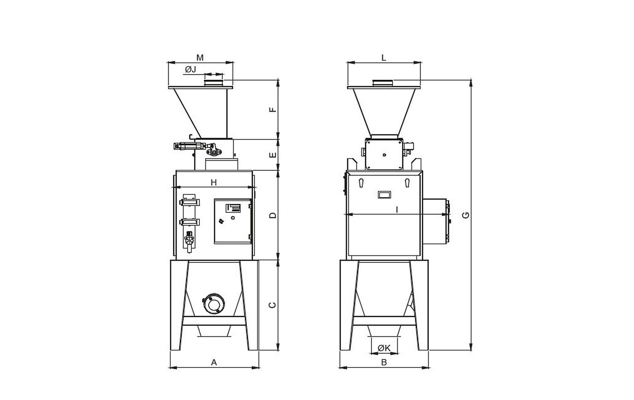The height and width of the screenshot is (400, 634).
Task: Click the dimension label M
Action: (x=200, y=58)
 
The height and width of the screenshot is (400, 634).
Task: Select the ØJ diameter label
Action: (x=191, y=69)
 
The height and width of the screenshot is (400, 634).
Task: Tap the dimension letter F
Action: (x=273, y=109)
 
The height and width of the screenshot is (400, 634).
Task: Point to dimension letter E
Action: (x=273, y=155)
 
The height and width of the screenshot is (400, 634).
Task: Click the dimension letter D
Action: (x=273, y=216)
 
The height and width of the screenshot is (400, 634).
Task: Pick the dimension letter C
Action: (x=272, y=305)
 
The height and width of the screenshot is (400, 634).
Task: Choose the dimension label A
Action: (x=214, y=362)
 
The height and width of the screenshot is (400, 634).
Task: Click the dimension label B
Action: (x=384, y=362)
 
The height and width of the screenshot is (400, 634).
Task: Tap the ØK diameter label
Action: (x=384, y=348)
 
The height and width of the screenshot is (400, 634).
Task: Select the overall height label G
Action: (x=465, y=215)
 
